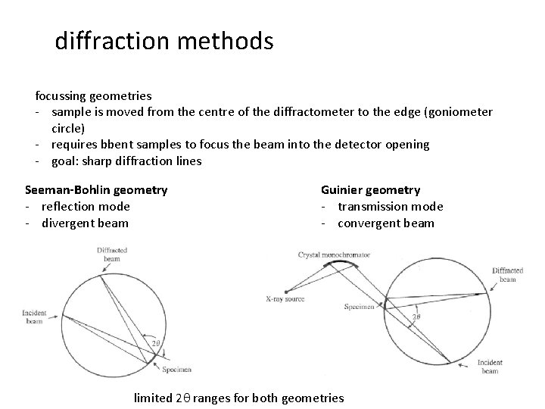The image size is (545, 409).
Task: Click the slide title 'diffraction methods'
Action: pos(163,41)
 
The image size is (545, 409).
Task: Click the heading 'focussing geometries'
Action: pos(93,96)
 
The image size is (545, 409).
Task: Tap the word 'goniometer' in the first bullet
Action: pos(461,112)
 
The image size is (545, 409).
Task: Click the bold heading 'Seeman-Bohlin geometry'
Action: pos(96,190)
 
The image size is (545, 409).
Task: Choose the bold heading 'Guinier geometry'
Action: pos(370,190)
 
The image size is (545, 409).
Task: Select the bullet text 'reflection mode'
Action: pos(86,207)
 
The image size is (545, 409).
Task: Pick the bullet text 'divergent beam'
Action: pos(85,223)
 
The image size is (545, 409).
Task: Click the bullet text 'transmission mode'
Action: pos(390,207)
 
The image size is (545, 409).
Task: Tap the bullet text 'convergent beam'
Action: pos(385,223)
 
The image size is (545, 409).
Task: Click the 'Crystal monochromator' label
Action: pos(334,255)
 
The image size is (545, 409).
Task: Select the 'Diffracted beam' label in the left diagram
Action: pos(113,254)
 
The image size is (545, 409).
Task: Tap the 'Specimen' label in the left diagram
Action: pos(176,370)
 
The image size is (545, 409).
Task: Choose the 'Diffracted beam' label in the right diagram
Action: pos(508,275)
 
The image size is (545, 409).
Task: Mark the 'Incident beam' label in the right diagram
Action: pos(491,367)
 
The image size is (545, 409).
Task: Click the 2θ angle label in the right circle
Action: pos(416,317)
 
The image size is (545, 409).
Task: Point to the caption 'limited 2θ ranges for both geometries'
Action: pos(238,398)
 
